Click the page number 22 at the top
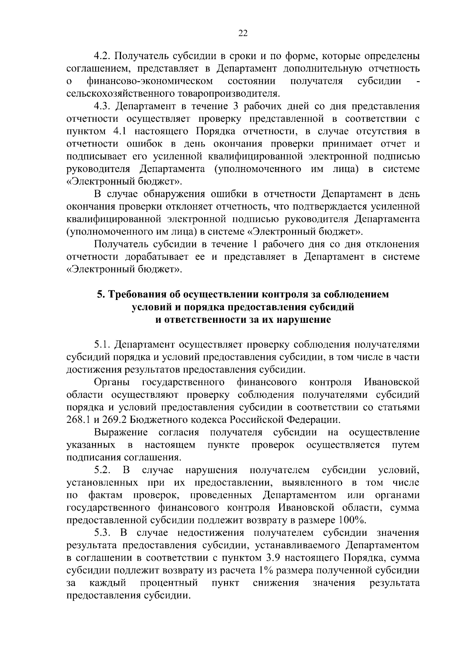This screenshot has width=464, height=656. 243,33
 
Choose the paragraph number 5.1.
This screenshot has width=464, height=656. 102,345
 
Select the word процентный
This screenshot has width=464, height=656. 170,583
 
